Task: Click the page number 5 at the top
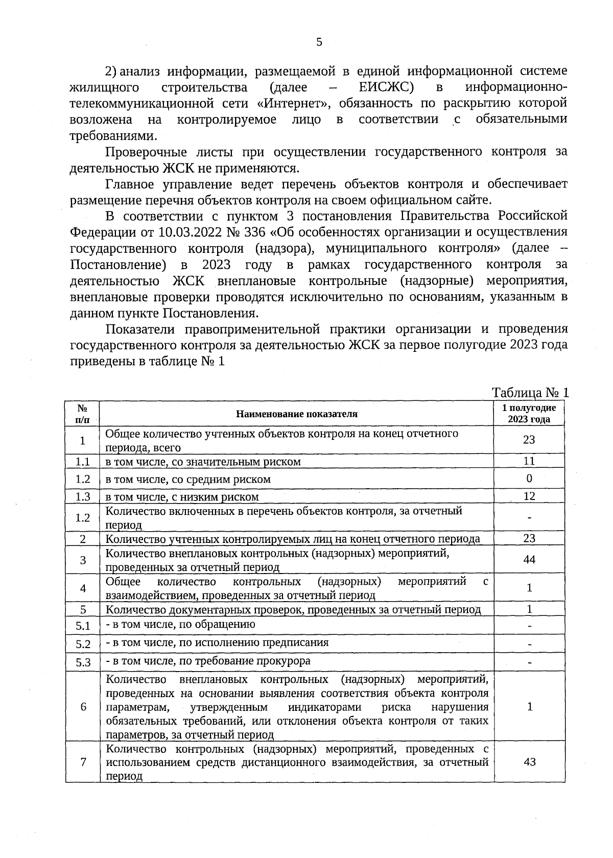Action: (319, 42)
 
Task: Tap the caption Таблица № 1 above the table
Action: (530, 393)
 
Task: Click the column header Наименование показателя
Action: (296, 414)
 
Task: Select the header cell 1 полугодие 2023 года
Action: (529, 414)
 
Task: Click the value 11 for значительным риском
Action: (529, 461)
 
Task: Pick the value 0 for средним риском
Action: (529, 479)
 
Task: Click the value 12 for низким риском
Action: (529, 496)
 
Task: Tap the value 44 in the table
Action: (529, 560)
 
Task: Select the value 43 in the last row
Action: (529, 761)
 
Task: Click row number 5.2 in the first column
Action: (83, 644)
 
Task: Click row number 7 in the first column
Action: (83, 762)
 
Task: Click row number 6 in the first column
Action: (83, 707)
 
